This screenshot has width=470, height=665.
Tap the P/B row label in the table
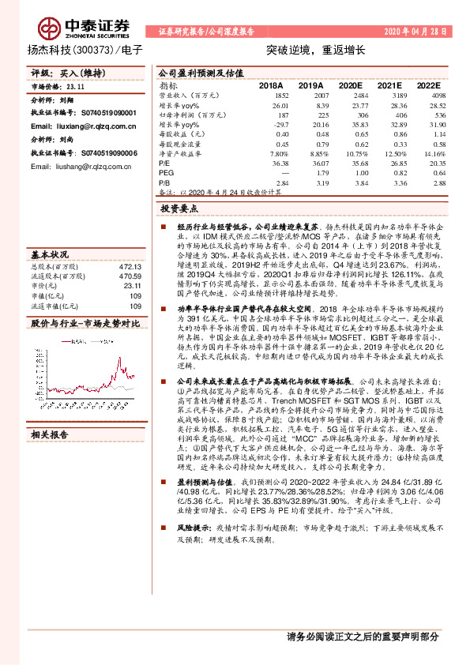165,182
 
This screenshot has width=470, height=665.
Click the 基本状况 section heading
51,256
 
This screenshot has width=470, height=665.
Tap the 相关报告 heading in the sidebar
51,435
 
